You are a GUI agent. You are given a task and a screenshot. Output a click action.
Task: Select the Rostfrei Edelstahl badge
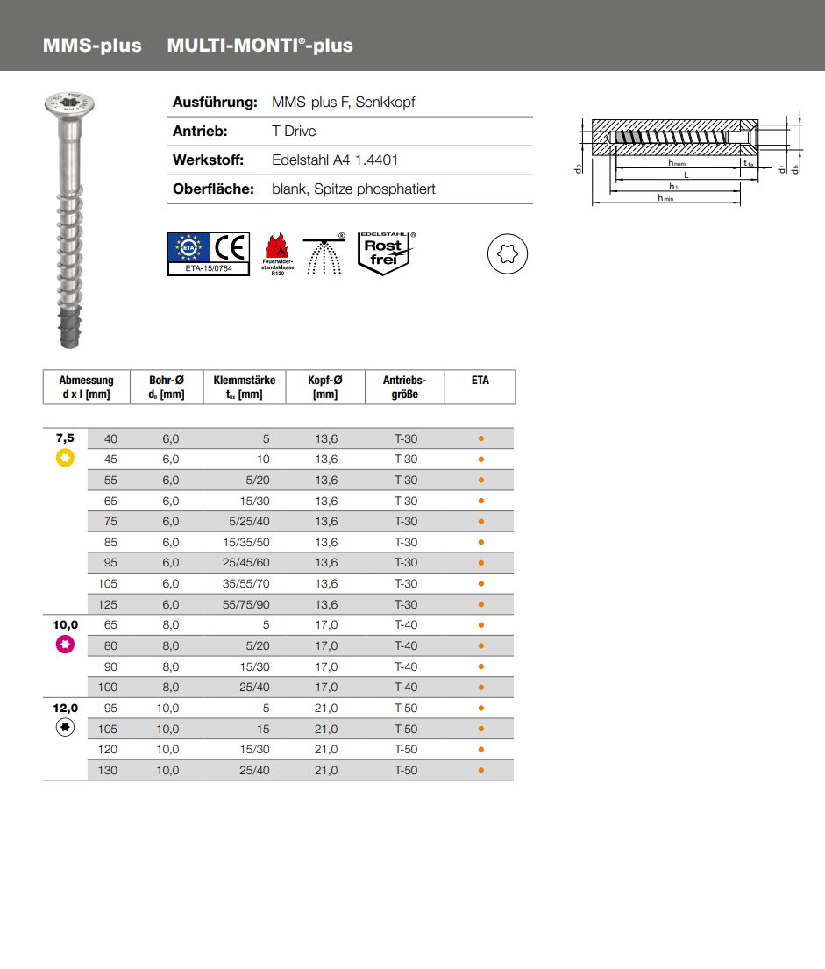tap(383, 253)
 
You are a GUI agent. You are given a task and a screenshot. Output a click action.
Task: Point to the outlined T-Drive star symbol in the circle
tap(507, 254)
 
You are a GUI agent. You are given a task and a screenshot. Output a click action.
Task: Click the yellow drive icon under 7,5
tap(64, 457)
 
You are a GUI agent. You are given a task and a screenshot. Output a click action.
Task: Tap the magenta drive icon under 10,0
tap(64, 645)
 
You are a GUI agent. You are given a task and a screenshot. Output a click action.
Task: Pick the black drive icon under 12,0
tap(64, 727)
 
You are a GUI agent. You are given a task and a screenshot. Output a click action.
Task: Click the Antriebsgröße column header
tap(404, 387)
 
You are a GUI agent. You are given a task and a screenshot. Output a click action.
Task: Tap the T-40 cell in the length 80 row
tap(405, 645)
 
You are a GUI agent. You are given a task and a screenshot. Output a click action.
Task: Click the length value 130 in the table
tap(108, 770)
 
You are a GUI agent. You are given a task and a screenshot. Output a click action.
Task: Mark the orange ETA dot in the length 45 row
tap(480, 460)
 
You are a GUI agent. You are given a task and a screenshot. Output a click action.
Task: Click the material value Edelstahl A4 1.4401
tap(335, 160)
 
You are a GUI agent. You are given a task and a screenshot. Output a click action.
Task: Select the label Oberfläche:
tap(213, 189)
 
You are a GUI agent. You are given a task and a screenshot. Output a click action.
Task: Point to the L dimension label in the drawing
tap(686, 175)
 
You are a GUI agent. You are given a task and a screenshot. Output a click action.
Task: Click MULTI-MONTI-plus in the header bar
tap(260, 46)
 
